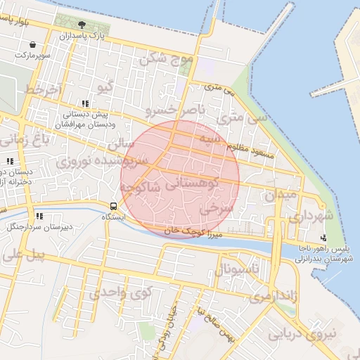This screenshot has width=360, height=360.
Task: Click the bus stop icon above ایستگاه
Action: coord(113,206)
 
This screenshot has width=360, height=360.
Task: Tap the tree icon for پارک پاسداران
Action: coord(82,25)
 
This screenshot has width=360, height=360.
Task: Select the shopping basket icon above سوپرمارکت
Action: coord(33,45)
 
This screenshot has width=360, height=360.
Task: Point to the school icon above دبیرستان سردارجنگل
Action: coord(39,216)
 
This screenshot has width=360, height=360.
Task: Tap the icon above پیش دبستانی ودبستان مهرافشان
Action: coord(85,103)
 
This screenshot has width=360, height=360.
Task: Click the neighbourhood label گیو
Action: coord(105,87)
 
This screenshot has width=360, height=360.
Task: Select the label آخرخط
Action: coord(44,91)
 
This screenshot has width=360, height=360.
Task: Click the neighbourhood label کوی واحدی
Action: coord(117,292)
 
